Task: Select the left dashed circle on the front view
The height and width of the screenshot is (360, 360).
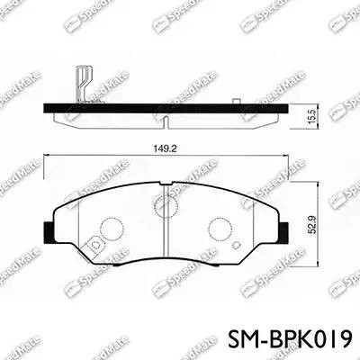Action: [109, 229]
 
